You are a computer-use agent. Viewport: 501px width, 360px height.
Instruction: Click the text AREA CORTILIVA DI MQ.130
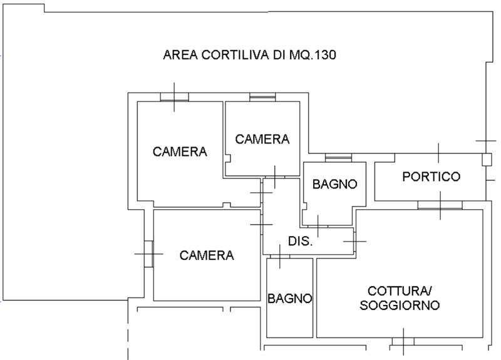pyautogui.click(x=249, y=55)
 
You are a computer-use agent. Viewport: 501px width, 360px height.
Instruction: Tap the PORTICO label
pyautogui.click(x=431, y=177)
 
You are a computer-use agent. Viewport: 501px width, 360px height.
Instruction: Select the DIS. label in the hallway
pyautogui.click(x=301, y=241)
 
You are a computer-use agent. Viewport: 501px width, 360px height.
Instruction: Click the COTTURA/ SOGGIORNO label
pyautogui.click(x=400, y=298)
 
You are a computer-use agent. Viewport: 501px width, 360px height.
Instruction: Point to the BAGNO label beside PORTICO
pyautogui.click(x=334, y=184)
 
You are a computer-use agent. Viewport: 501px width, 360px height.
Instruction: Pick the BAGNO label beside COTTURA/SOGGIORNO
pyautogui.click(x=289, y=299)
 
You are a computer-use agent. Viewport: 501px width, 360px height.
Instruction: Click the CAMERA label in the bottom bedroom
pyautogui.click(x=207, y=255)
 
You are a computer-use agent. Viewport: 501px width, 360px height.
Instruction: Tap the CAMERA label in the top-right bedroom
pyautogui.click(x=262, y=139)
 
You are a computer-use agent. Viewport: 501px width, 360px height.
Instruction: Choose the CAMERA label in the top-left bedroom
pyautogui.click(x=180, y=152)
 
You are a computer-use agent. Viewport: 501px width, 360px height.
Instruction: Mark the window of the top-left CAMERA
pyautogui.click(x=175, y=97)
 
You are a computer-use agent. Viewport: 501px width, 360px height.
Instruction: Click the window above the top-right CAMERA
pyautogui.click(x=262, y=97)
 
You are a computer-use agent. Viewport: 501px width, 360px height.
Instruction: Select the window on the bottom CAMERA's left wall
pyautogui.click(x=148, y=254)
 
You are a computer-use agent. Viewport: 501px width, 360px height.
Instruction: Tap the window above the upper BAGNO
pyautogui.click(x=338, y=158)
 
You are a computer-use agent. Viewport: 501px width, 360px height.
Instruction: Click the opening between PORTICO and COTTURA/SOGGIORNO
pyautogui.click(x=440, y=205)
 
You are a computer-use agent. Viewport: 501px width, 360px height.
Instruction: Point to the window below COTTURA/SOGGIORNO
pyautogui.click(x=403, y=341)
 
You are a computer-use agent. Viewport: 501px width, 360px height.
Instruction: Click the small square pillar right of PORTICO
pyautogui.click(x=487, y=160)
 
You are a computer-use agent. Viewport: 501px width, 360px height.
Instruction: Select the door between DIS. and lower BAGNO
pyautogui.click(x=280, y=256)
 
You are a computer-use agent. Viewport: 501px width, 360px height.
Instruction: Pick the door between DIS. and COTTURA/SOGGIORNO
pyautogui.click(x=354, y=241)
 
